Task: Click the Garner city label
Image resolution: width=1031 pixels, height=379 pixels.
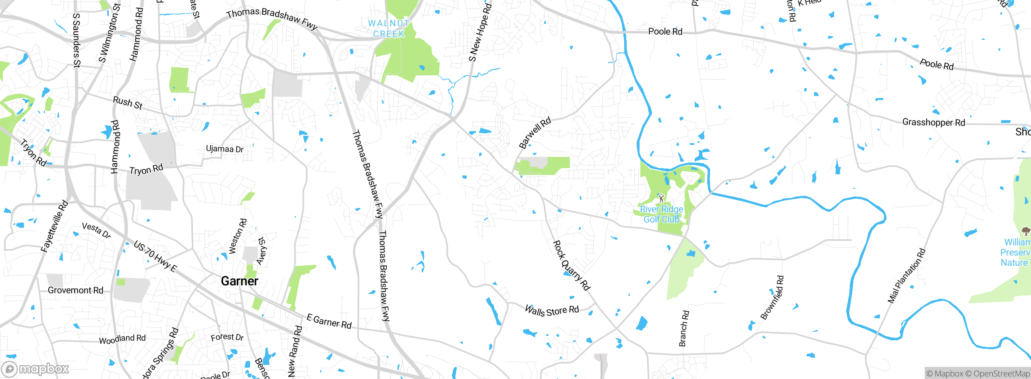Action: click(x=239, y=281)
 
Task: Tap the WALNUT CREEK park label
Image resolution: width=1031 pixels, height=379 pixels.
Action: click(x=389, y=29)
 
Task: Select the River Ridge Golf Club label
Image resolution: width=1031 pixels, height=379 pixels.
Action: click(x=661, y=214)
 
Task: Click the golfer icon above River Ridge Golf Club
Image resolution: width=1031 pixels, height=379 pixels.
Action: click(x=661, y=198)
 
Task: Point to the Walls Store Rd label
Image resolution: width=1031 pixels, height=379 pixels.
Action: click(x=552, y=311)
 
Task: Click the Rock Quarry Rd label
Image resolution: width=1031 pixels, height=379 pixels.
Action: click(x=571, y=265)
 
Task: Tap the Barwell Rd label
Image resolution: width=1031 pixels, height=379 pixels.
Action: click(x=535, y=133)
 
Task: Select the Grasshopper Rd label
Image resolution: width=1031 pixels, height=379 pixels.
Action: click(x=934, y=122)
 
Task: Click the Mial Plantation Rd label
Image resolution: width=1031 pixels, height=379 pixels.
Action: click(x=907, y=276)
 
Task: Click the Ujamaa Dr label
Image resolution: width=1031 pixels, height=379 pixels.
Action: click(x=225, y=149)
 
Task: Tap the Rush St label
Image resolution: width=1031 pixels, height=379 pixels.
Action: click(x=128, y=103)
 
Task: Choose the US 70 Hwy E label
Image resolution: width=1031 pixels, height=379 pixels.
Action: click(x=155, y=256)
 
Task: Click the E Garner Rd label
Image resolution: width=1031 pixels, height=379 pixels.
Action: click(x=329, y=321)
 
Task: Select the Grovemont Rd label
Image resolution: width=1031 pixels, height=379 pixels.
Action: click(x=76, y=290)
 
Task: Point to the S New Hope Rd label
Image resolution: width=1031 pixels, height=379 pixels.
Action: click(x=480, y=32)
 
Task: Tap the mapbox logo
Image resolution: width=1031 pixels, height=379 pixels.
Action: click(x=35, y=369)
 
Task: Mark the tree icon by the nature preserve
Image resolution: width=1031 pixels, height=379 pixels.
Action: click(x=1025, y=231)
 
